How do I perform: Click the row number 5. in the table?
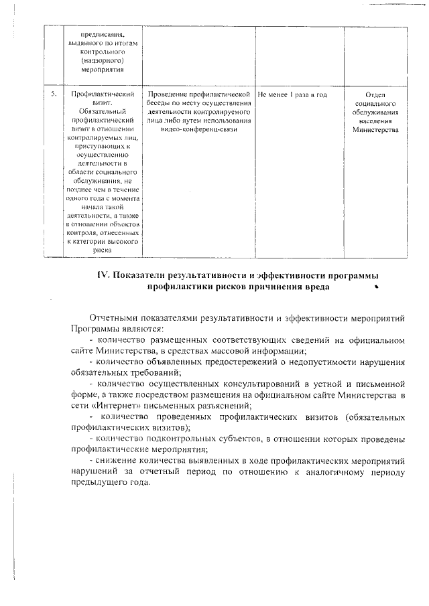click(52, 95)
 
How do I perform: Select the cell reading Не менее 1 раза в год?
click(292, 95)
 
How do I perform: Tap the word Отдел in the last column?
click(376, 95)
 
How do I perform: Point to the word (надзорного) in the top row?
click(102, 59)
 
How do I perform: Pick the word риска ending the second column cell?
click(102, 249)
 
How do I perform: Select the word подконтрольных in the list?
click(179, 439)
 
